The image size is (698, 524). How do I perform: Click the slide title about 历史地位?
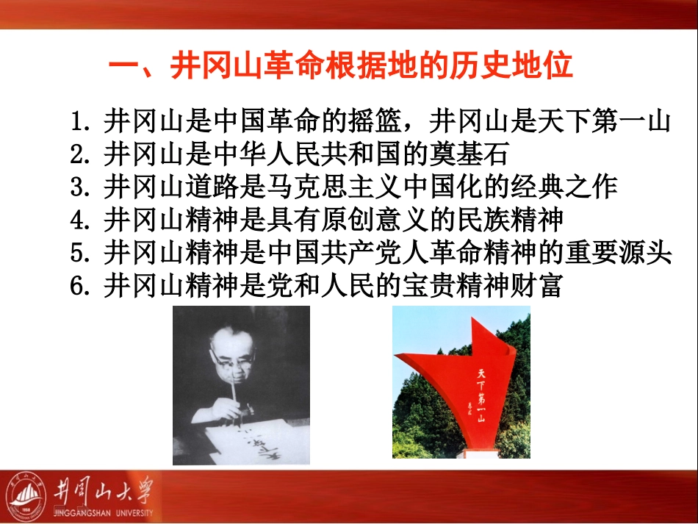point(340,67)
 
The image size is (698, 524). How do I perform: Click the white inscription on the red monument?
point(481,396)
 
